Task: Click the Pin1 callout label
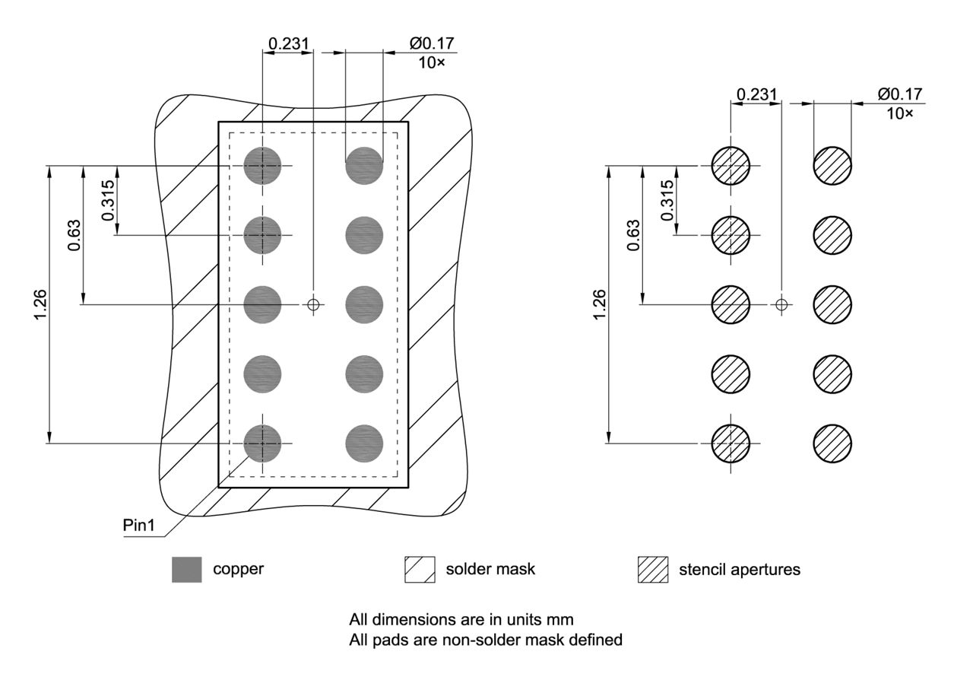point(138,526)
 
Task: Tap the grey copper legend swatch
point(187,569)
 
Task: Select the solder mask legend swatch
point(420,569)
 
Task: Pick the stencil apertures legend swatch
point(653,569)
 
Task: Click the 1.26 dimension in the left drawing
point(40,304)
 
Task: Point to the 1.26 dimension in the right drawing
point(599,304)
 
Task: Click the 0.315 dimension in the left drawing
point(108,200)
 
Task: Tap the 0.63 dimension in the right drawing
point(633,236)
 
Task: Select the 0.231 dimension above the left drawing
point(288,43)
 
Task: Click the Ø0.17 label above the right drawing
point(899,94)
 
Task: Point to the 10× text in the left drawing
point(432,63)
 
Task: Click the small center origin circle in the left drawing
point(313,304)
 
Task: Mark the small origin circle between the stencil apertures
point(781,304)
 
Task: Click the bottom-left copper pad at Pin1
point(262,443)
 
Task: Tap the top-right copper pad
point(364,166)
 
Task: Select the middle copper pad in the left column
point(262,304)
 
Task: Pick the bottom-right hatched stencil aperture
point(832,443)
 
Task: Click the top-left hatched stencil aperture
point(731,166)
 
